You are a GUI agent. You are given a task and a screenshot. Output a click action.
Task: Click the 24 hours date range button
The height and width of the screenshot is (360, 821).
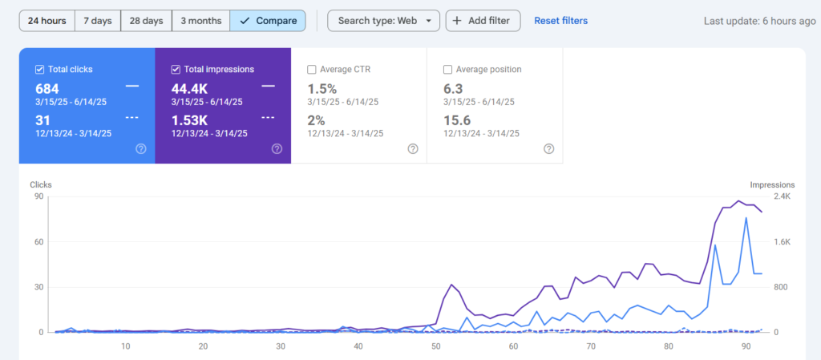click(x=47, y=21)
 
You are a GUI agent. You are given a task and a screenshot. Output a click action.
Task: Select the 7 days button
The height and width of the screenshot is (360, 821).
click(x=98, y=21)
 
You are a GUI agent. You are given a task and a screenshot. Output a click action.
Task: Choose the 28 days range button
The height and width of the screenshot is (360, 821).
click(x=146, y=21)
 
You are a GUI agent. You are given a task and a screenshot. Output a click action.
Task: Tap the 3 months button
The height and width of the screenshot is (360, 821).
click(x=200, y=21)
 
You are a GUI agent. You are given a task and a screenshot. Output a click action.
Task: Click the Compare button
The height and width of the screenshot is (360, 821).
click(x=268, y=21)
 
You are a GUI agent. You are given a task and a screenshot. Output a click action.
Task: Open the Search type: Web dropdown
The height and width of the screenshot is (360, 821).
click(x=384, y=21)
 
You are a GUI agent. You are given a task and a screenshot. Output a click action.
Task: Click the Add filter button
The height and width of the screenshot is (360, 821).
click(x=483, y=21)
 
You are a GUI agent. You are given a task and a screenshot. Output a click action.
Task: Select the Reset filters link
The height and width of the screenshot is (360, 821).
click(x=560, y=21)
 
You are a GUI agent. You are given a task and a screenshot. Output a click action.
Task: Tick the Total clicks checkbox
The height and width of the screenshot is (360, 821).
click(x=39, y=69)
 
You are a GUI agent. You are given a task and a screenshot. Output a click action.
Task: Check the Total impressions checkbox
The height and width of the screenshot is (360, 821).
click(x=176, y=69)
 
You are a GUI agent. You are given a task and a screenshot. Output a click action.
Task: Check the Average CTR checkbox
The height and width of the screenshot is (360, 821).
click(x=312, y=69)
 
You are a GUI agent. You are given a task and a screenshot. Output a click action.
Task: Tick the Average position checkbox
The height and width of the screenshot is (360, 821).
click(x=447, y=69)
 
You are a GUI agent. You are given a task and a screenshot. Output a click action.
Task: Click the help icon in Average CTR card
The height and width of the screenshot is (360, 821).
click(x=413, y=149)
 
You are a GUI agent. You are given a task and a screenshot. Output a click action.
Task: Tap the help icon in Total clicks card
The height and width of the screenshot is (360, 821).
click(x=141, y=149)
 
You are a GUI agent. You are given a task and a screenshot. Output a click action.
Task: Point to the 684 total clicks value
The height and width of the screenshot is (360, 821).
click(x=47, y=89)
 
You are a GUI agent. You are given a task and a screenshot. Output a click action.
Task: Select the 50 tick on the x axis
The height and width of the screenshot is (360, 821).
click(x=435, y=346)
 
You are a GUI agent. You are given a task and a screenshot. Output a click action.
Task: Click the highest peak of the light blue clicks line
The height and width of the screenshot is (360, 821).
click(x=746, y=217)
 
